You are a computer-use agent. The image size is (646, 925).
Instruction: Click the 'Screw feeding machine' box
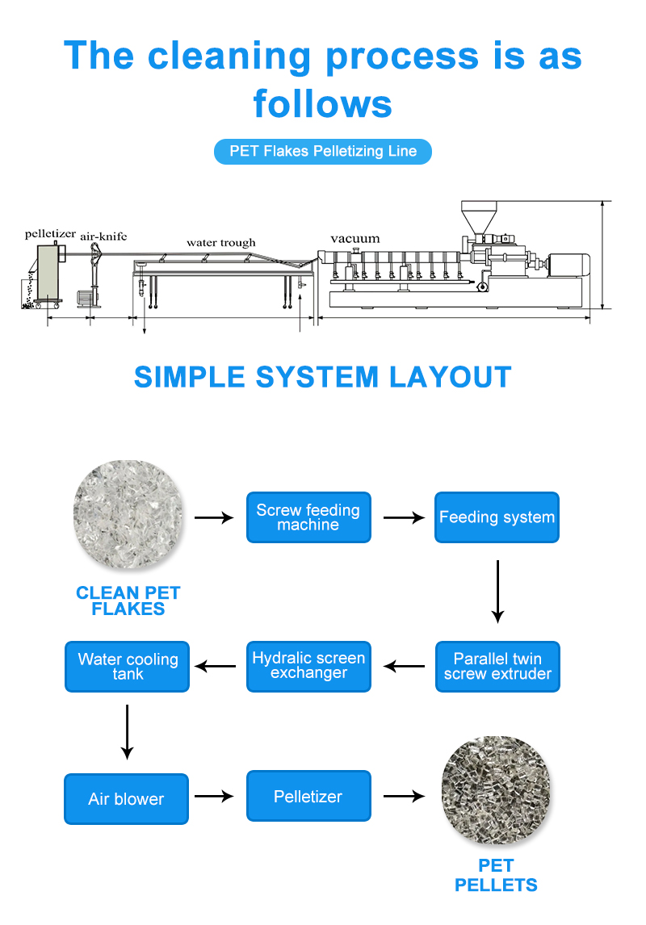[308, 517]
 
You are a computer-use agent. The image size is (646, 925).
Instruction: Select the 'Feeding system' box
[497, 517]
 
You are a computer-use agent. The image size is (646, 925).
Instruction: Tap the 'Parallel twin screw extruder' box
[497, 667]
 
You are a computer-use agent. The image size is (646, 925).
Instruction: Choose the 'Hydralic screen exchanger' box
[308, 667]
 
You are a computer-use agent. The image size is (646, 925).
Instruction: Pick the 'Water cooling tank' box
[128, 667]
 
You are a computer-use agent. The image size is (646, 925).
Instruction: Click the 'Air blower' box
[126, 799]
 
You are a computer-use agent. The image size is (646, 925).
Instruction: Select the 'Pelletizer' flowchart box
[308, 797]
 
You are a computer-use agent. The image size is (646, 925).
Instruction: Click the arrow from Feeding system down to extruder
[497, 592]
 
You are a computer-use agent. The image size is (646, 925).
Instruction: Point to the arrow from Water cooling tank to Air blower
[127, 731]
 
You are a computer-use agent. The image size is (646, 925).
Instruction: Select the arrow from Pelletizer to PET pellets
[404, 797]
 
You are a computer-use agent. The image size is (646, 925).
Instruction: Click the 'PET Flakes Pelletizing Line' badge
[323, 151]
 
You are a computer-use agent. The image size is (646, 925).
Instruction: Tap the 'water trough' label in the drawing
[220, 242]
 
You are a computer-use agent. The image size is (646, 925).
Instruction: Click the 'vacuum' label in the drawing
[354, 238]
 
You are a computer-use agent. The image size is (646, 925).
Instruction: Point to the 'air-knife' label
[103, 236]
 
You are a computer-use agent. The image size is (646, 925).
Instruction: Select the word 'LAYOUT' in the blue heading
[451, 377]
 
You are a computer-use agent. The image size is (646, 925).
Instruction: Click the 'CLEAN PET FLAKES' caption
[128, 601]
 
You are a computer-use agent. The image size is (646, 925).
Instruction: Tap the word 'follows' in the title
[323, 104]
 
